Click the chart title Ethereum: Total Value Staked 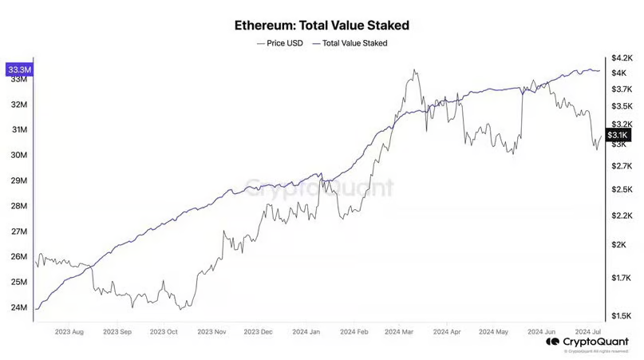pos(322,25)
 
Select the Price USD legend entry pos(280,43)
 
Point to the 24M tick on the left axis pos(19,307)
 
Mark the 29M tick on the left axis pos(19,180)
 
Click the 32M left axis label pos(19,105)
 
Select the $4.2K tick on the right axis pos(622,58)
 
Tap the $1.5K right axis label pos(622,316)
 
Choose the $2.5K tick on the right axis pos(622,190)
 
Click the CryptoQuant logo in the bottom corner pos(589,342)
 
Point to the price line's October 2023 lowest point pos(184,309)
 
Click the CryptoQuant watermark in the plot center pos(319,188)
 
